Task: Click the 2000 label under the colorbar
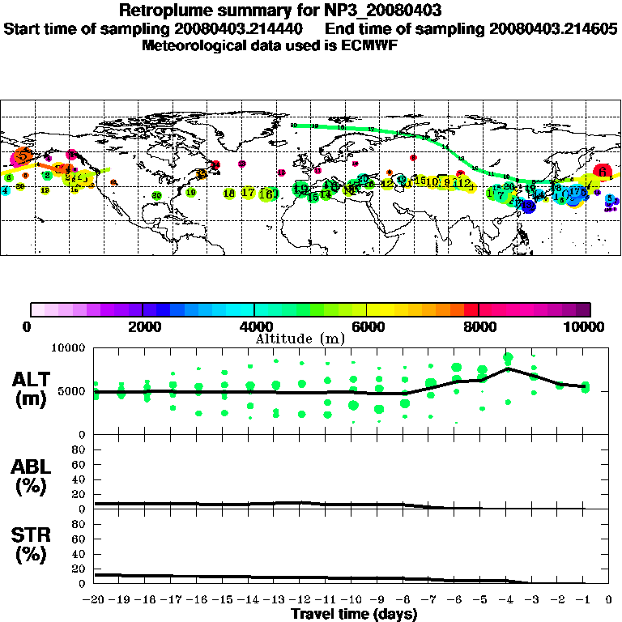coord(142,326)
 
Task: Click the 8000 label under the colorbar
coord(479,326)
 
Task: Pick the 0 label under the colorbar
coord(29,326)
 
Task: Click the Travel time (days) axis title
coord(353,614)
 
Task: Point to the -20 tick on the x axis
coord(95,600)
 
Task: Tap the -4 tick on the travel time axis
coord(506,600)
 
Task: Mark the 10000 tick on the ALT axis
coord(70,348)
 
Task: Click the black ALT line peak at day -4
coord(508,369)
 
